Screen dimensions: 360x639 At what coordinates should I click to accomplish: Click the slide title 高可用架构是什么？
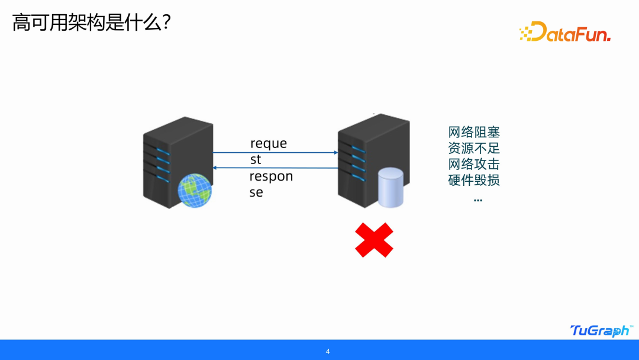click(x=92, y=24)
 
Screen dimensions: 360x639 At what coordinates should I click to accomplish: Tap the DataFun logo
click(x=564, y=32)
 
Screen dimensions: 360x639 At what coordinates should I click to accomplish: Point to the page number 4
click(x=328, y=352)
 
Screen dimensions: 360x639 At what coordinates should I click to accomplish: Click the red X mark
click(x=374, y=240)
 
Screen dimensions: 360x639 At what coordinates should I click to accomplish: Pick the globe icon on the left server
click(x=195, y=189)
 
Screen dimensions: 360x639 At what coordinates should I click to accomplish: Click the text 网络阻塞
click(x=474, y=132)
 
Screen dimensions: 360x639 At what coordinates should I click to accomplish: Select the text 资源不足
click(x=474, y=148)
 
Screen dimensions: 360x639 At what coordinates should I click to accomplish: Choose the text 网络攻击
click(x=474, y=164)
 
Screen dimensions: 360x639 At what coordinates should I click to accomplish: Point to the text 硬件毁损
click(x=474, y=180)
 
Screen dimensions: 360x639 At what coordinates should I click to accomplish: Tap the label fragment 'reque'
click(x=269, y=144)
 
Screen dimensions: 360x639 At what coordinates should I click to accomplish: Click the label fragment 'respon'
click(x=271, y=177)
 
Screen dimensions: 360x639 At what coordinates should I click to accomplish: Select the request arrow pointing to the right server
click(x=275, y=153)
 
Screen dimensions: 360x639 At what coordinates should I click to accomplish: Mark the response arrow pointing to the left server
click(x=275, y=168)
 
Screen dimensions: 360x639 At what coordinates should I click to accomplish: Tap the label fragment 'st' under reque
click(x=256, y=160)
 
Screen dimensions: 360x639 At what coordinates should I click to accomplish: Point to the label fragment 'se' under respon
click(x=256, y=193)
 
